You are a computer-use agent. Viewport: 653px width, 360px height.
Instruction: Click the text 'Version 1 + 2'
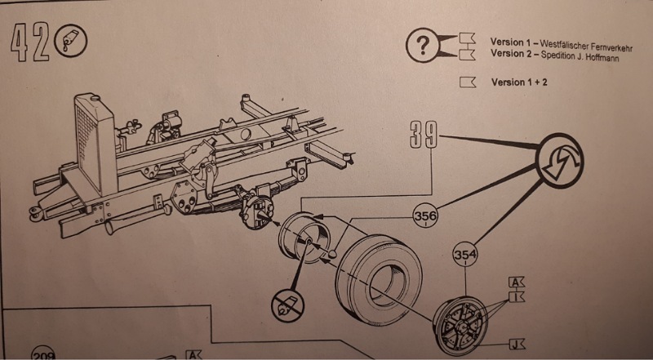(x=519, y=82)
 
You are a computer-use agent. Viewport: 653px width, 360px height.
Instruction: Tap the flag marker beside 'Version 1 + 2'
(x=468, y=82)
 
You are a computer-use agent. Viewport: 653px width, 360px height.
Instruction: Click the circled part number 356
(x=424, y=216)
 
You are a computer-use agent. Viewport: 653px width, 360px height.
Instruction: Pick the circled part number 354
(x=464, y=256)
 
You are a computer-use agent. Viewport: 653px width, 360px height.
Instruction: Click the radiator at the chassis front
(x=96, y=143)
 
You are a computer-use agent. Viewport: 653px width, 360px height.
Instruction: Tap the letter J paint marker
(x=516, y=344)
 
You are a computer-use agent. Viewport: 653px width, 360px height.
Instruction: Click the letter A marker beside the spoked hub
(x=516, y=282)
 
